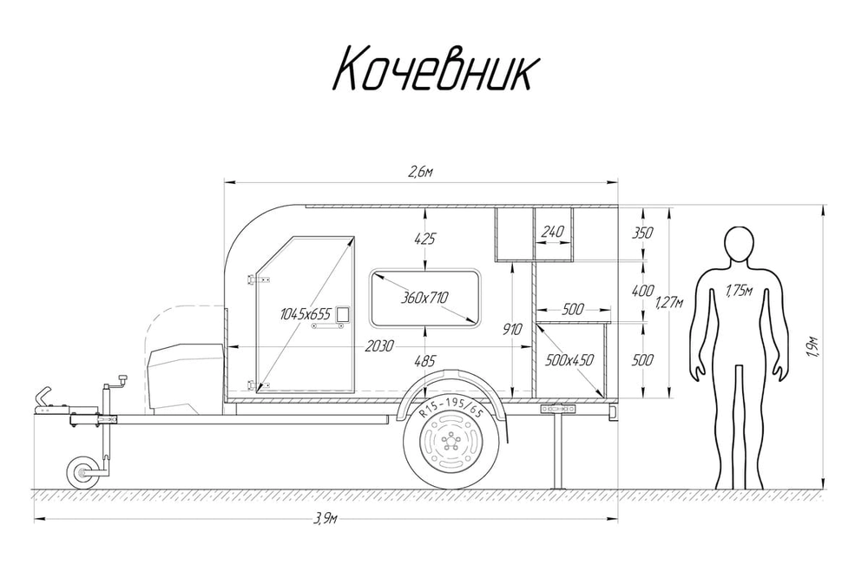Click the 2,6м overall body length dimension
[x=420, y=174]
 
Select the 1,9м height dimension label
[x=813, y=347]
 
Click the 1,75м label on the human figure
[x=738, y=292]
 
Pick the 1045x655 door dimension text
[x=306, y=314]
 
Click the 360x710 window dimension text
[x=424, y=298]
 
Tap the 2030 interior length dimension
[x=379, y=345]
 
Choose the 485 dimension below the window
[x=424, y=360]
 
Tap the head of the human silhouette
[x=738, y=244]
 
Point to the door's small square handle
[x=344, y=314]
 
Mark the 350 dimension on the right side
[x=643, y=233]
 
